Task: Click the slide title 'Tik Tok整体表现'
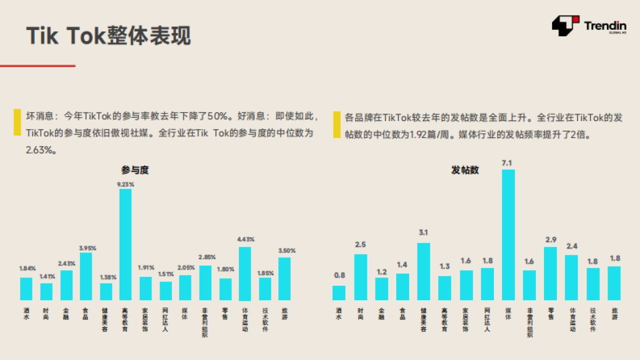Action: click(108, 36)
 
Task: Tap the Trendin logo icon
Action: click(565, 26)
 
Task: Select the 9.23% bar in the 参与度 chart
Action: click(125, 244)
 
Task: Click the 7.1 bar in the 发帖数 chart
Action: click(508, 235)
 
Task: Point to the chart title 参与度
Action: click(135, 171)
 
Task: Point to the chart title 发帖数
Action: click(465, 171)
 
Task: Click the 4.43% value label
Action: click(245, 239)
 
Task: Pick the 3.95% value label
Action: click(85, 247)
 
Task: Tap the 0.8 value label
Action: click(339, 276)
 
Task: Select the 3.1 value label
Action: click(423, 233)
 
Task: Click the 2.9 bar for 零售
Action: click(550, 273)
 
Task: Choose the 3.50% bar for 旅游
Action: click(284, 278)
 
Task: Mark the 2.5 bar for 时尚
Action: click(361, 277)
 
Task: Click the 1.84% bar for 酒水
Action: click(26, 289)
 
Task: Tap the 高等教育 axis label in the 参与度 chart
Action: click(125, 319)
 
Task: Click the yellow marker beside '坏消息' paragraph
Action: click(17, 123)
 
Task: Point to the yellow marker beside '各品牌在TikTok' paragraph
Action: click(337, 125)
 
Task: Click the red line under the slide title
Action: click(37, 66)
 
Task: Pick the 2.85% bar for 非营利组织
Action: click(205, 283)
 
